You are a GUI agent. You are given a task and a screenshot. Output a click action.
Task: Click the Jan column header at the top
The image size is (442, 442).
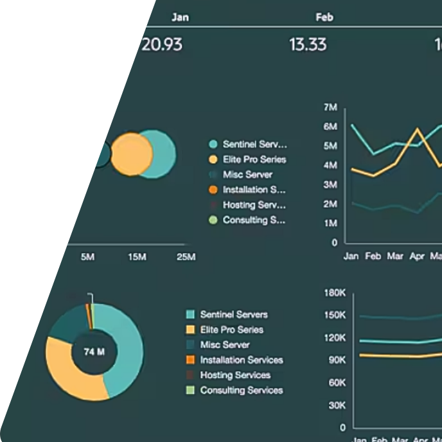tap(180, 17)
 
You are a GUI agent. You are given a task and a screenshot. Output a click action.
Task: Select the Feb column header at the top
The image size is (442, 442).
tap(324, 17)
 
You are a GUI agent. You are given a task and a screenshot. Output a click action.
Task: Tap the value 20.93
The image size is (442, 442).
tap(161, 44)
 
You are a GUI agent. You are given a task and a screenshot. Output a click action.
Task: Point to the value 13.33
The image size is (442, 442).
tap(308, 44)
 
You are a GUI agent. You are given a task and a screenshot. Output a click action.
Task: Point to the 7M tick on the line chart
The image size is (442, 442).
tap(331, 107)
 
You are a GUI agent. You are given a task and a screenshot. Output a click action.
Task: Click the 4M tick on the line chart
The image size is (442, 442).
tap(331, 165)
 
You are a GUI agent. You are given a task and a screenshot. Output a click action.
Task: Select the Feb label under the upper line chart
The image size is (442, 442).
tap(373, 256)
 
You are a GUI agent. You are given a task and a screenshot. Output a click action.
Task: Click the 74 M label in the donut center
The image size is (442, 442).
tap(94, 351)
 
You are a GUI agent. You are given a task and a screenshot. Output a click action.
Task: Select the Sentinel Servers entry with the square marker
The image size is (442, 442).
tap(233, 315)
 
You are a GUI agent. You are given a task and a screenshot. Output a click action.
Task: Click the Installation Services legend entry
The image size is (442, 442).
tap(241, 360)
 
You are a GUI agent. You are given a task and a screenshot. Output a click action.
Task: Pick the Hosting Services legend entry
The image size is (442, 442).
tap(235, 375)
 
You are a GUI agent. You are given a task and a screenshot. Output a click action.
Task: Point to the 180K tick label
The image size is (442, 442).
tap(334, 293)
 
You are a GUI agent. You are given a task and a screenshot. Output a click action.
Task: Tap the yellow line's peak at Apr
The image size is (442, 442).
tap(418, 130)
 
